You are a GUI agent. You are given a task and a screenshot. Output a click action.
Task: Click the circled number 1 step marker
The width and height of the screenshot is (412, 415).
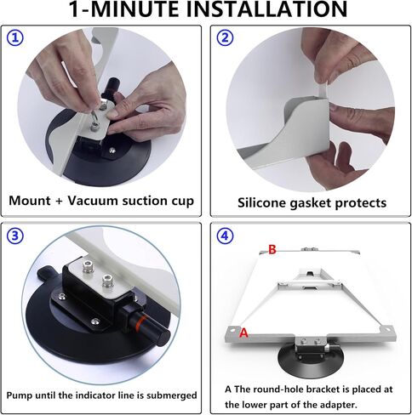(x=15, y=38)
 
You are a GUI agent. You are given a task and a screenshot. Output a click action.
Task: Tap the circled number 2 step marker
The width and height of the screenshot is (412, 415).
(x=225, y=37)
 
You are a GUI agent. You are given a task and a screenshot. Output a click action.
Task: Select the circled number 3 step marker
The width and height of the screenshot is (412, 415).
(x=15, y=236)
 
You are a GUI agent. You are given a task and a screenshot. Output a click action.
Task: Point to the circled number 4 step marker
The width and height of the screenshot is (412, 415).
(x=225, y=236)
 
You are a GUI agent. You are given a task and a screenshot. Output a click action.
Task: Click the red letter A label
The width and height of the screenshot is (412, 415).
(x=243, y=333)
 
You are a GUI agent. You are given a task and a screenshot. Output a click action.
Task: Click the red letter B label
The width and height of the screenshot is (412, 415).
(x=272, y=249)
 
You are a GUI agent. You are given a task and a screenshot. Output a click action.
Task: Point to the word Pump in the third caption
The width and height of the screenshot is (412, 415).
(x=17, y=395)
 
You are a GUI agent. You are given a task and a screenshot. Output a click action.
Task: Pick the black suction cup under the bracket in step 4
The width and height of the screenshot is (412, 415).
(x=311, y=361)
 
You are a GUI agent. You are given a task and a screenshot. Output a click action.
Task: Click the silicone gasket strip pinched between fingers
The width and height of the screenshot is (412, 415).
(x=323, y=88)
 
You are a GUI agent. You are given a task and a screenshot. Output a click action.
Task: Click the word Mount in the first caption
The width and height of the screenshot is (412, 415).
(x=30, y=201)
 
